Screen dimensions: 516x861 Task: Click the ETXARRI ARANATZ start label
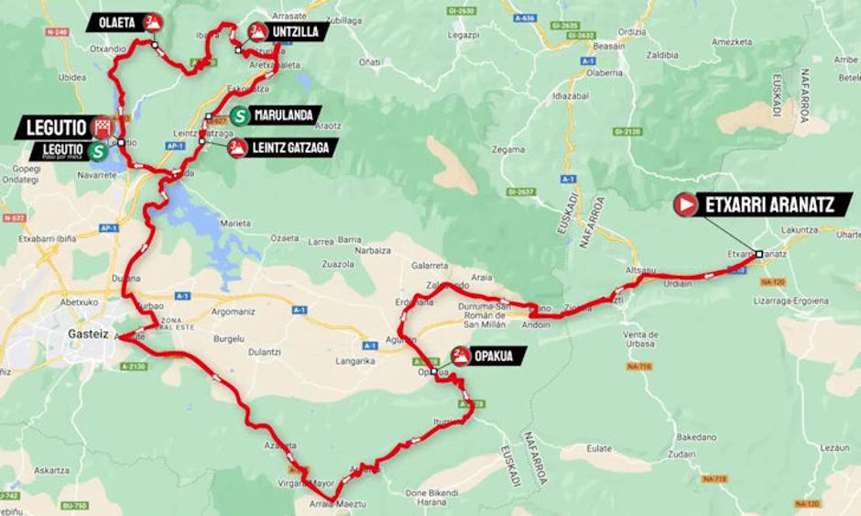click(x=769, y=204)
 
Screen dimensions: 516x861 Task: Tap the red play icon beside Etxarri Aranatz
click(x=685, y=204)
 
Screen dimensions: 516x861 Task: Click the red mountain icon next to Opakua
click(x=460, y=356)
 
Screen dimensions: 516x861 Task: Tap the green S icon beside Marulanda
click(x=239, y=115)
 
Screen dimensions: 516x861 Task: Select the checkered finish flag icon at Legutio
click(x=103, y=127)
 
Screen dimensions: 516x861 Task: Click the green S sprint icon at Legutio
click(x=96, y=151)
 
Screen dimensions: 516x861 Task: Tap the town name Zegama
click(x=508, y=148)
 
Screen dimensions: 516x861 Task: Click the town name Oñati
click(x=370, y=61)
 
